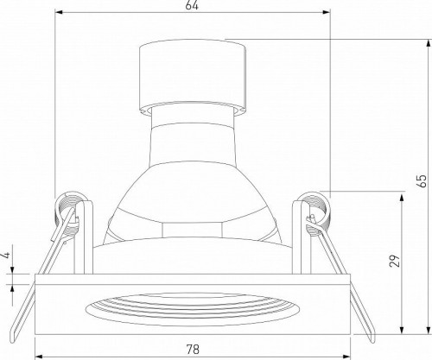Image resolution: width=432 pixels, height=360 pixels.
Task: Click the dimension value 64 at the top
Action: (193, 7)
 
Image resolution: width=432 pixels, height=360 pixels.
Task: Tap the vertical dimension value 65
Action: (421, 182)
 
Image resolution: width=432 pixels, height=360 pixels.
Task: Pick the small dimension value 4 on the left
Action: (6, 256)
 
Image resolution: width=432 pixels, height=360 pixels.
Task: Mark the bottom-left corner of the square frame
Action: (36, 335)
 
